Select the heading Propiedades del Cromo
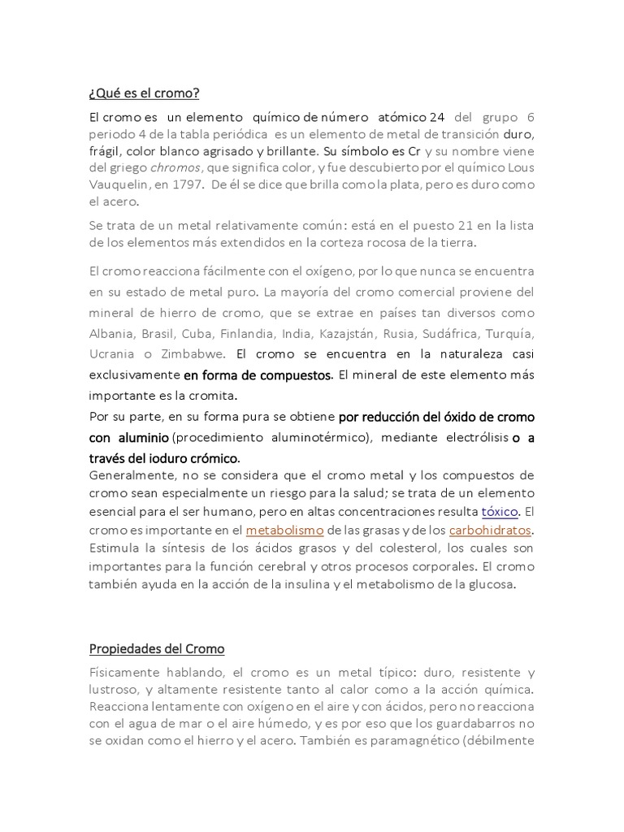click(156, 649)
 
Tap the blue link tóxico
click(500, 513)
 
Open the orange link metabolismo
click(284, 531)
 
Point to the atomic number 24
click(436, 116)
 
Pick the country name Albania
click(111, 334)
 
